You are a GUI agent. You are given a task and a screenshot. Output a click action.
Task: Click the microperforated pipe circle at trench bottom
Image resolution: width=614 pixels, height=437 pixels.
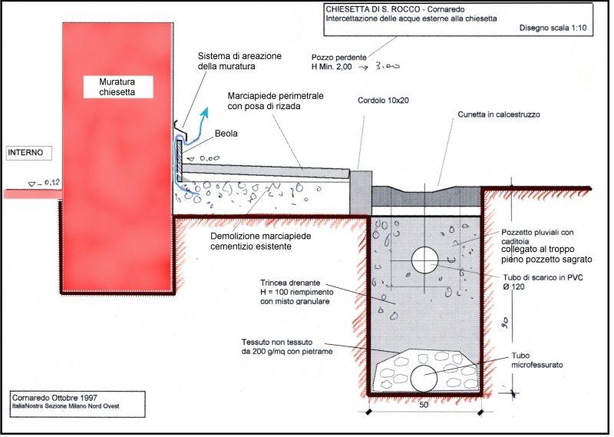tap(424, 378)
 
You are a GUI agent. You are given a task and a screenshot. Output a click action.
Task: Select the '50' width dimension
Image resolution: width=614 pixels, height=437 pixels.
tap(424, 405)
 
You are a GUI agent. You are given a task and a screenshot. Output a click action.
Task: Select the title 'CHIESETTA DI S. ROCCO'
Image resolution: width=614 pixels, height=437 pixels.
tap(372, 10)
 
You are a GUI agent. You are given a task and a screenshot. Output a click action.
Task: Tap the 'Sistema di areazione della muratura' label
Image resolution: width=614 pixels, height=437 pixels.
tap(239, 61)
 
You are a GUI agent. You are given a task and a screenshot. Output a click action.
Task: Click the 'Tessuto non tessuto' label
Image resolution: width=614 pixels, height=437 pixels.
tap(283, 343)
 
